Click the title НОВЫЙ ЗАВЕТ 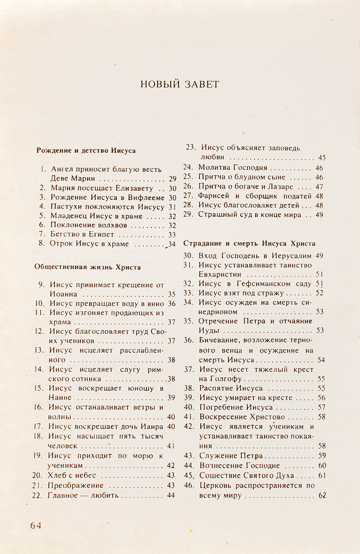pyautogui.click(x=180, y=84)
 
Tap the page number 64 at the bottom pyautogui.click(x=36, y=525)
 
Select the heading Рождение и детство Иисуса pyautogui.click(x=86, y=151)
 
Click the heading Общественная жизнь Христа pyautogui.click(x=88, y=267)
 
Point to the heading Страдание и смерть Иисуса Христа pyautogui.click(x=249, y=243)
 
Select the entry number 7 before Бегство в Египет pyautogui.click(x=42, y=235)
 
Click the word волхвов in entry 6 pyautogui.click(x=114, y=225)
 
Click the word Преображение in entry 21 pyautogui.click(x=76, y=486)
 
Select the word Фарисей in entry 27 pyautogui.click(x=213, y=196)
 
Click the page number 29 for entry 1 pyautogui.click(x=173, y=179)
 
